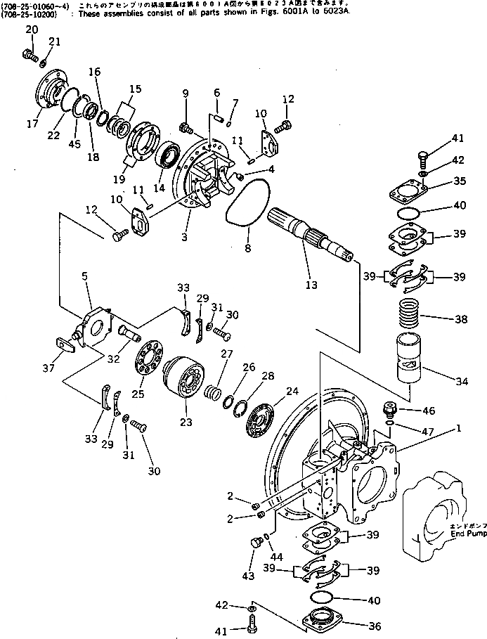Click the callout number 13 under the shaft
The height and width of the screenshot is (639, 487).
(x=311, y=285)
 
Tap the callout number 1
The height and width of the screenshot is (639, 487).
(x=458, y=428)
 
